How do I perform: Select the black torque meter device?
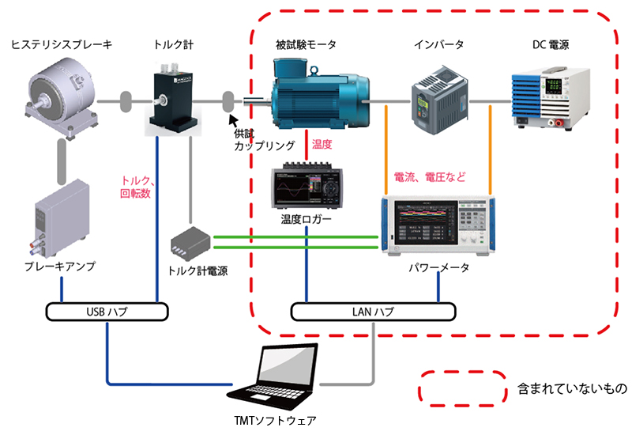[x=175, y=100]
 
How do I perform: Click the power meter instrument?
[x=438, y=226]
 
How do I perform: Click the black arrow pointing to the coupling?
[x=233, y=120]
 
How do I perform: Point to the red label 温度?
[x=322, y=146]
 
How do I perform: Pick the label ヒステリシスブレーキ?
[x=62, y=45]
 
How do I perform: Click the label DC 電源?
[x=550, y=45]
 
